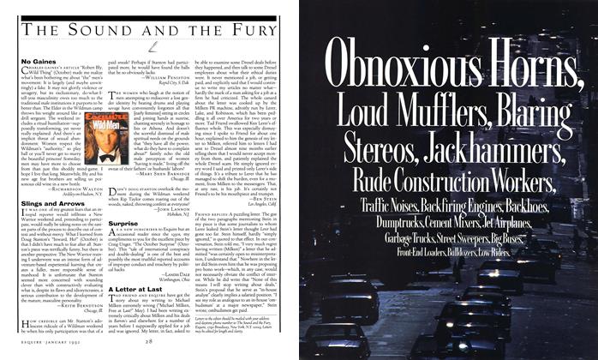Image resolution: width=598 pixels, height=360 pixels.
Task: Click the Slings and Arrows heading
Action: (50, 202)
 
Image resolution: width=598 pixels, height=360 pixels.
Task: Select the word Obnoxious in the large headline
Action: (393, 65)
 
